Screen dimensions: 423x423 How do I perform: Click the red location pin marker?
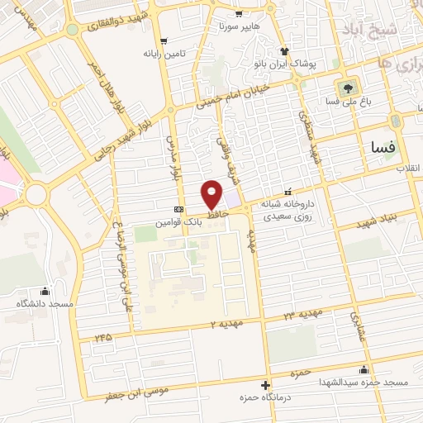[212, 193]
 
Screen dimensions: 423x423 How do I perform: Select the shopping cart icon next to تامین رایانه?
[163, 40]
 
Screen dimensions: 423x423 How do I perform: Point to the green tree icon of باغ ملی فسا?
[345, 87]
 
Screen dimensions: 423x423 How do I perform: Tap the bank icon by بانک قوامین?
[178, 210]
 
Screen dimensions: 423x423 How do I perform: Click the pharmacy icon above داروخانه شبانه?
[288, 190]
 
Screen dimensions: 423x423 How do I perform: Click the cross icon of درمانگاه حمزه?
[265, 385]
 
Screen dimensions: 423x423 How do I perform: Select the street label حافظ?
[216, 213]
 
